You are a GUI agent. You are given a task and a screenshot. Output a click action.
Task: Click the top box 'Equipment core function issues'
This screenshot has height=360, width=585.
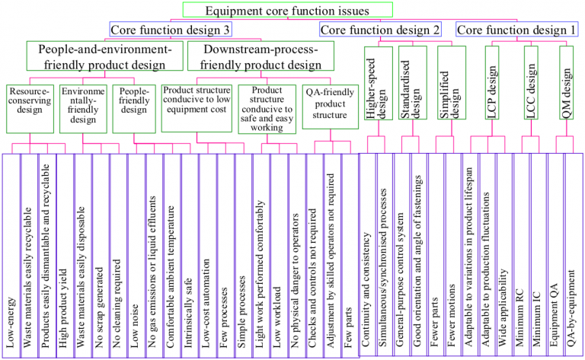tap(287, 11)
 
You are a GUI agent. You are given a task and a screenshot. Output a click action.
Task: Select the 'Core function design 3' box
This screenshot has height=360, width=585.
tap(171, 30)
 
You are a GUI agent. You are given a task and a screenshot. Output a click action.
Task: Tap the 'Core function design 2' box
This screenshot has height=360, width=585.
tap(380, 30)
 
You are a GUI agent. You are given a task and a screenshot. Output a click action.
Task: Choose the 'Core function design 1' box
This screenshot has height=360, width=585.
tap(516, 30)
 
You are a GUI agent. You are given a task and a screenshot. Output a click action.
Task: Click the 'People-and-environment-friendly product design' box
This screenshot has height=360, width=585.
tap(106, 56)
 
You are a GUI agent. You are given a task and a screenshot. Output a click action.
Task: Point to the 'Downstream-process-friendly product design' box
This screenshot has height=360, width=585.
tap(260, 56)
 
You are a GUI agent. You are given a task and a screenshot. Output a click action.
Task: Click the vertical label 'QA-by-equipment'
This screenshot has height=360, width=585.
tap(573, 305)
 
